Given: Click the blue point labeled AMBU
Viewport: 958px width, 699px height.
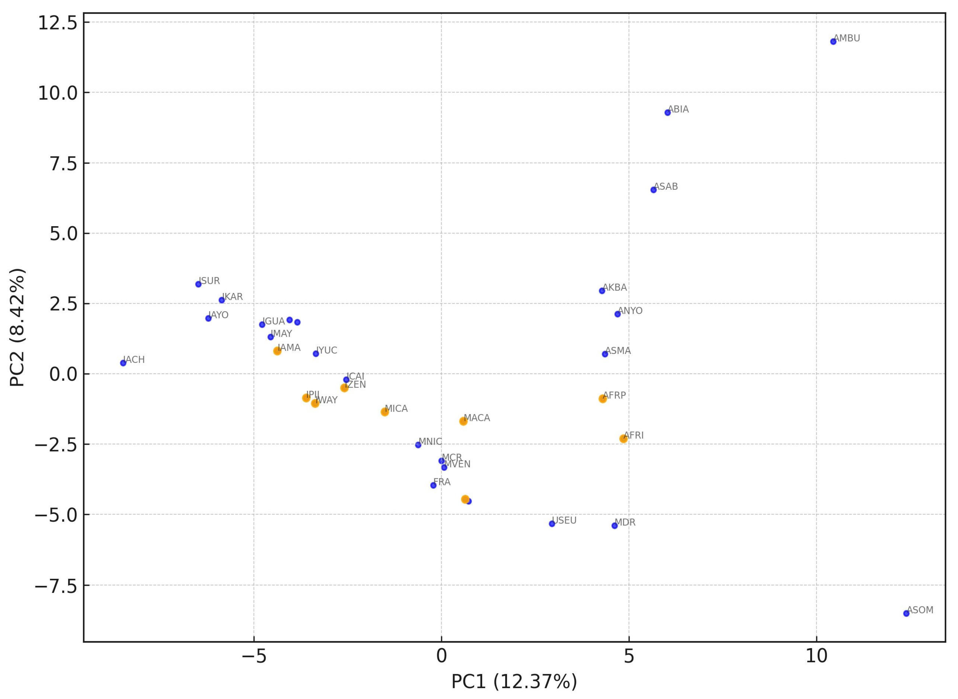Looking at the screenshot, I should (833, 42).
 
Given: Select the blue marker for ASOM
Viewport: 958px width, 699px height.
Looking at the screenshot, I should (906, 613).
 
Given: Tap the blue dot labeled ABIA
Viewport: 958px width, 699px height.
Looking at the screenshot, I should (667, 113).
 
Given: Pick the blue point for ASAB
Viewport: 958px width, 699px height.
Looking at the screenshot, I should (654, 190).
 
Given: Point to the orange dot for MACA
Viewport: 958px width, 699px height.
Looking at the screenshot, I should (463, 421).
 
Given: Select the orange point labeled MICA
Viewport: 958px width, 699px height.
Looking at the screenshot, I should (385, 412).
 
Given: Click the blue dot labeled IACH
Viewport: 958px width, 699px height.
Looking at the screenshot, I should (123, 363).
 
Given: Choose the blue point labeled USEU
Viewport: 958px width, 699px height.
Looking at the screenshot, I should (552, 524).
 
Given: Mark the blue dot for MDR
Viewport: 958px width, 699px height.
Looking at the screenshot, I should (614, 525).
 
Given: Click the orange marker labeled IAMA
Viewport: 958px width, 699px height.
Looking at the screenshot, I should (277, 351).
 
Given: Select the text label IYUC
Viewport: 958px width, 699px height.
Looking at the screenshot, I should (327, 350).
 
